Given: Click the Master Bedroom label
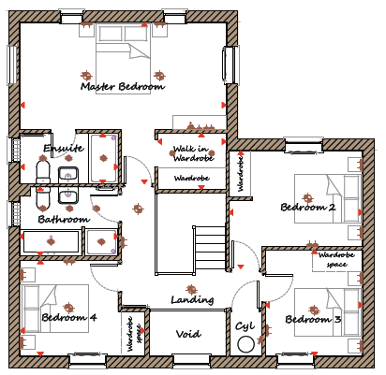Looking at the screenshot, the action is [123, 86].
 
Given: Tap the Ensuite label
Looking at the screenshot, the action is [64, 148].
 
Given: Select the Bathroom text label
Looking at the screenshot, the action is [64, 219].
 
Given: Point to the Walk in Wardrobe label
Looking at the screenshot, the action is [194, 153].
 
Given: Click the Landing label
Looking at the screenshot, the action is [192, 300].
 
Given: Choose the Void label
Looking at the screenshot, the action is [188, 334].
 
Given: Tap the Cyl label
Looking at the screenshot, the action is [245, 326].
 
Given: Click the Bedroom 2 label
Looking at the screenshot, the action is [308, 207].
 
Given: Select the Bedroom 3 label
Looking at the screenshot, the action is [313, 319].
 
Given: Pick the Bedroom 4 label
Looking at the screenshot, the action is [69, 318].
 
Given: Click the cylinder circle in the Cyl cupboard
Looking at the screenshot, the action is [245, 344].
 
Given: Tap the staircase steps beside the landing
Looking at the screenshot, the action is [210, 247].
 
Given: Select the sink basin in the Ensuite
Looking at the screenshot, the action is [68, 175].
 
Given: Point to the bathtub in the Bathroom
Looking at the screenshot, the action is [52, 241].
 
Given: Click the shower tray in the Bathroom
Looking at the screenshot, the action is [101, 241].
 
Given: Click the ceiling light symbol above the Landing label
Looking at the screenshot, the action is [191, 289].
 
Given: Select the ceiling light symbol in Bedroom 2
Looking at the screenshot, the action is [307, 197].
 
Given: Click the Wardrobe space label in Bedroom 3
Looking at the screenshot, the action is [336, 260].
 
